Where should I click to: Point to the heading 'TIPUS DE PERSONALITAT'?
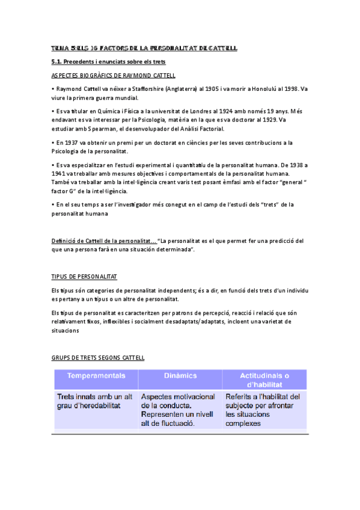[x=85, y=276]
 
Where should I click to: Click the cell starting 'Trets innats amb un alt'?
[x=95, y=401]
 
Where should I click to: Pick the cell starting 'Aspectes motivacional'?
[x=178, y=410]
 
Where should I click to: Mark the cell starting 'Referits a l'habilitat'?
[x=263, y=410]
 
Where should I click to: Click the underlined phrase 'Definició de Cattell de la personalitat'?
[x=104, y=241]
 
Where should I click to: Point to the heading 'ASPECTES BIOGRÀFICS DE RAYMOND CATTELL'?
[x=114, y=75]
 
